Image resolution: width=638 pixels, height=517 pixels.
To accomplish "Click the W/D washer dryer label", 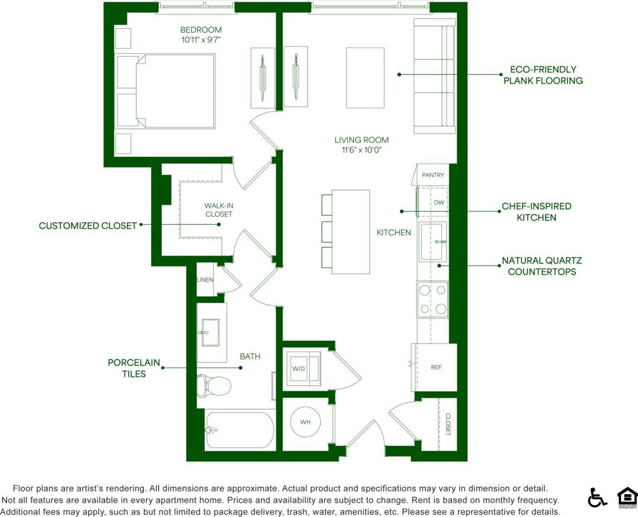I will click(298, 368).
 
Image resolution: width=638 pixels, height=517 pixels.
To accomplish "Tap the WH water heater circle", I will click(305, 422).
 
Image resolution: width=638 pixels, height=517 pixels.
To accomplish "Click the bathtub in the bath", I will click(239, 430).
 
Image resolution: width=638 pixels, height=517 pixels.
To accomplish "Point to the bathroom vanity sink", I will click(211, 333).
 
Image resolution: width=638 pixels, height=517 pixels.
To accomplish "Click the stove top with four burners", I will click(433, 300).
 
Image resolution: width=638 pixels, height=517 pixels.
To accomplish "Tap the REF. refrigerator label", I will click(437, 367).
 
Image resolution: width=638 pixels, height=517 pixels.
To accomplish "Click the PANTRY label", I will click(433, 175).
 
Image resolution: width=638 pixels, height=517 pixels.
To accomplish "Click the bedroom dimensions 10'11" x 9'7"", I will click(201, 40).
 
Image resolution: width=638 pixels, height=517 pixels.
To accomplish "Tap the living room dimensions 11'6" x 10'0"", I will click(361, 150).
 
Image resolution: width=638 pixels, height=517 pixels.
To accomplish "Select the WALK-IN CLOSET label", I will click(218, 210).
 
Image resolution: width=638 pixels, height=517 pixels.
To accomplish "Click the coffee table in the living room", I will click(365, 77).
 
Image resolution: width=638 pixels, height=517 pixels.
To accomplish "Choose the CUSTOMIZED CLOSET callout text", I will click(88, 226).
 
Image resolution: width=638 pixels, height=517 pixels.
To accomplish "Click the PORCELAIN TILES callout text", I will click(134, 368).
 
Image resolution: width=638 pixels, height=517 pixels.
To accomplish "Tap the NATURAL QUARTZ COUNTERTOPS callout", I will click(541, 266).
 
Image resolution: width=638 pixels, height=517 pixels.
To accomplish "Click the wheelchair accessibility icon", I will click(598, 498).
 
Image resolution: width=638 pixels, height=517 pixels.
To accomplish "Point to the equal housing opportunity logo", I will click(627, 497).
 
